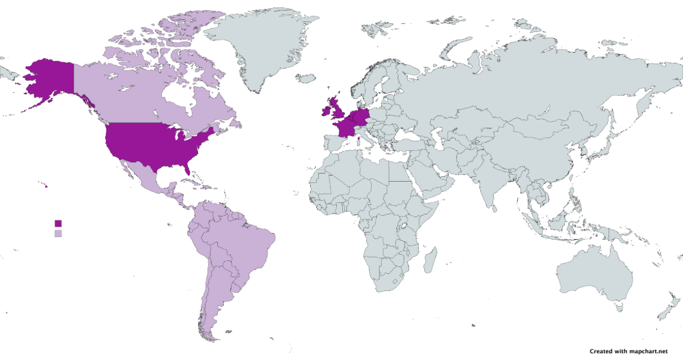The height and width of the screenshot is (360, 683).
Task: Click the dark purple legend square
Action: [x=58, y=223]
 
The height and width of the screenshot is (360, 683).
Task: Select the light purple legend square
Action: [x=58, y=234]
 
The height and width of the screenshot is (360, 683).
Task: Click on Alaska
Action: [x=51, y=79]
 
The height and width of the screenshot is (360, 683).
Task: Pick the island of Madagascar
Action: [x=430, y=260]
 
